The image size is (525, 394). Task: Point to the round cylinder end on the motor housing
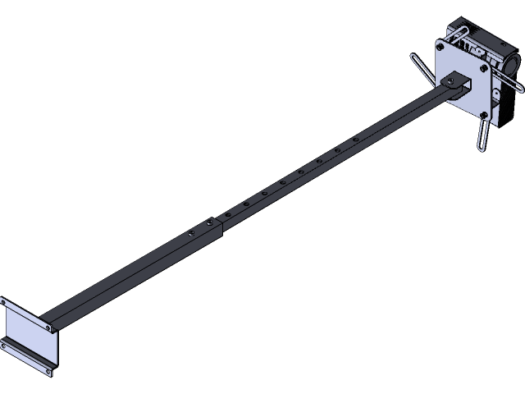[x=513, y=65]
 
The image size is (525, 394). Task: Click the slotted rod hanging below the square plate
[x=482, y=135]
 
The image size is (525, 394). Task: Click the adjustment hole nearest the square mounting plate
[x=355, y=140]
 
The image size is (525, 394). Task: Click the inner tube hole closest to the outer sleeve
[x=227, y=213]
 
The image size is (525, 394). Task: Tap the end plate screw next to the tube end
[x=51, y=328]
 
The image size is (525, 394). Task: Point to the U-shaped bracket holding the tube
[x=459, y=83]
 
